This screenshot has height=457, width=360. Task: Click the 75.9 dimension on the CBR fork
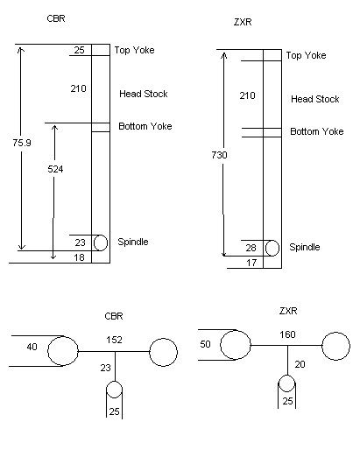22,143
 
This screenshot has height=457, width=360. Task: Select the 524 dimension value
55,169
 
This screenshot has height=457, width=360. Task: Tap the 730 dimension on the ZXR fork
219,155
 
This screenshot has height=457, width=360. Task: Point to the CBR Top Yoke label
134,50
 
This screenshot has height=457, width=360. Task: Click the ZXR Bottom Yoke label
317,131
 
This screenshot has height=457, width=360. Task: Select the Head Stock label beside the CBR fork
144,94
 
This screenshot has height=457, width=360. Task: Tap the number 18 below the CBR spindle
79,257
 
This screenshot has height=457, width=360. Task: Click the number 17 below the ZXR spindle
251,263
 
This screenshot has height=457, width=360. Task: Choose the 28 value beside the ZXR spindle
251,248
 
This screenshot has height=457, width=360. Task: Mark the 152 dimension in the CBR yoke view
114,340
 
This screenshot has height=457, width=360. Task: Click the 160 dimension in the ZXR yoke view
287,334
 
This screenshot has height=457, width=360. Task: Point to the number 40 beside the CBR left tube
32,347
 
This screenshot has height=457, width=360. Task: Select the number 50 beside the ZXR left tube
205,344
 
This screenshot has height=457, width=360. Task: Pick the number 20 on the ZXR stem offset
300,364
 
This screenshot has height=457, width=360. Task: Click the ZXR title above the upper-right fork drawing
243,22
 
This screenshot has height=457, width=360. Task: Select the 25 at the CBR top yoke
79,50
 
